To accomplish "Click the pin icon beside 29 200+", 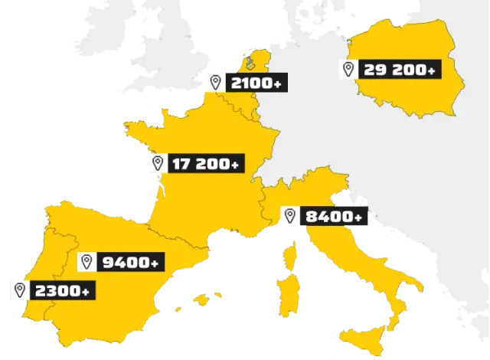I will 348,70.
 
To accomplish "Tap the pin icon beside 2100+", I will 217,82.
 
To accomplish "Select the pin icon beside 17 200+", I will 158,163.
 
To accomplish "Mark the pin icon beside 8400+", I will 289,216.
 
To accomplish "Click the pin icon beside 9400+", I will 87,263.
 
